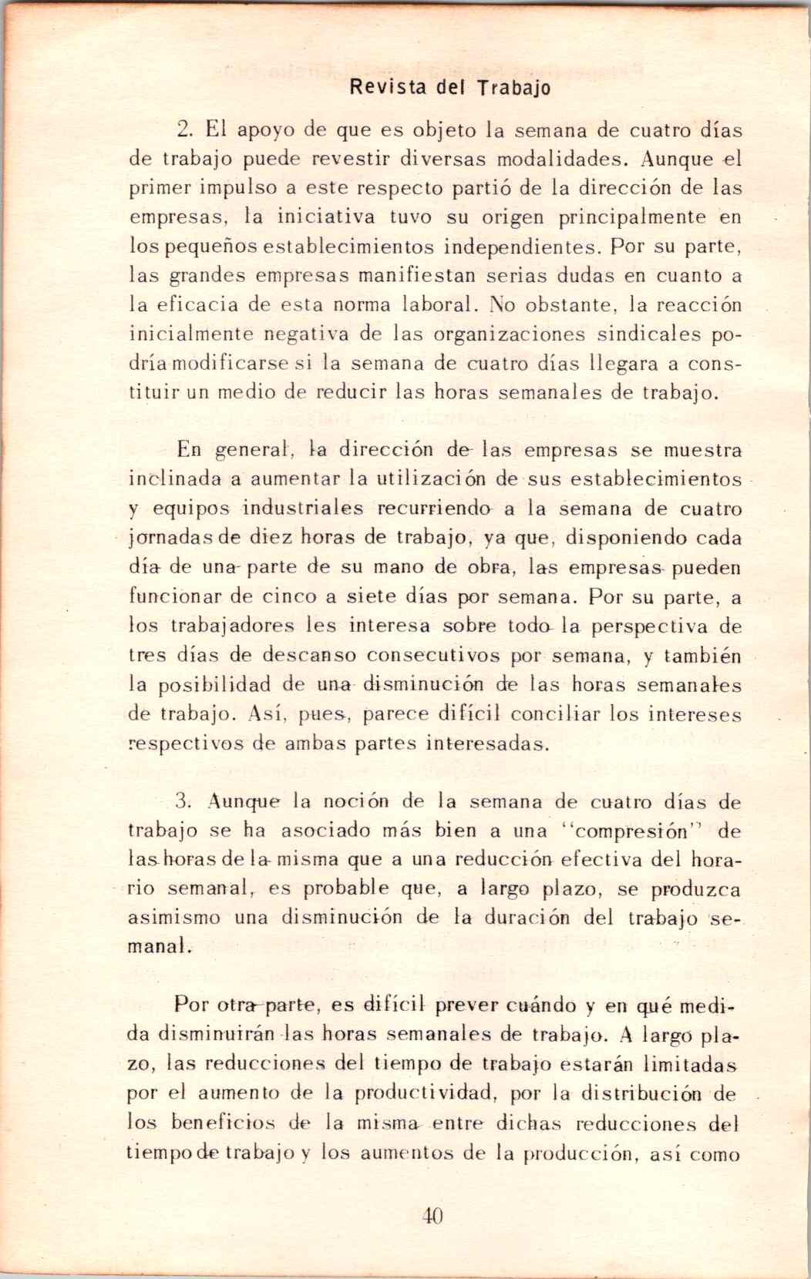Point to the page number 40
pos(432,1217)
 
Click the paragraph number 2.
pos(183,129)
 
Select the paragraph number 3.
pos(183,801)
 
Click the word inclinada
pos(175,478)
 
